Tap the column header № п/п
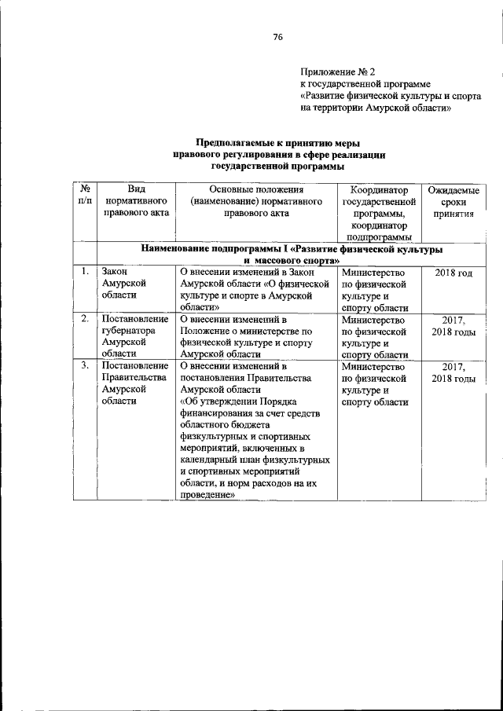[x=84, y=196]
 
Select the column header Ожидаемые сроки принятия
[x=453, y=202]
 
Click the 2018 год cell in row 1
[x=453, y=273]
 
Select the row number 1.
[x=83, y=272]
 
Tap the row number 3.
[x=83, y=365]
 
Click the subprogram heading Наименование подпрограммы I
[x=290, y=249]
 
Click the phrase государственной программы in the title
[x=277, y=167]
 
